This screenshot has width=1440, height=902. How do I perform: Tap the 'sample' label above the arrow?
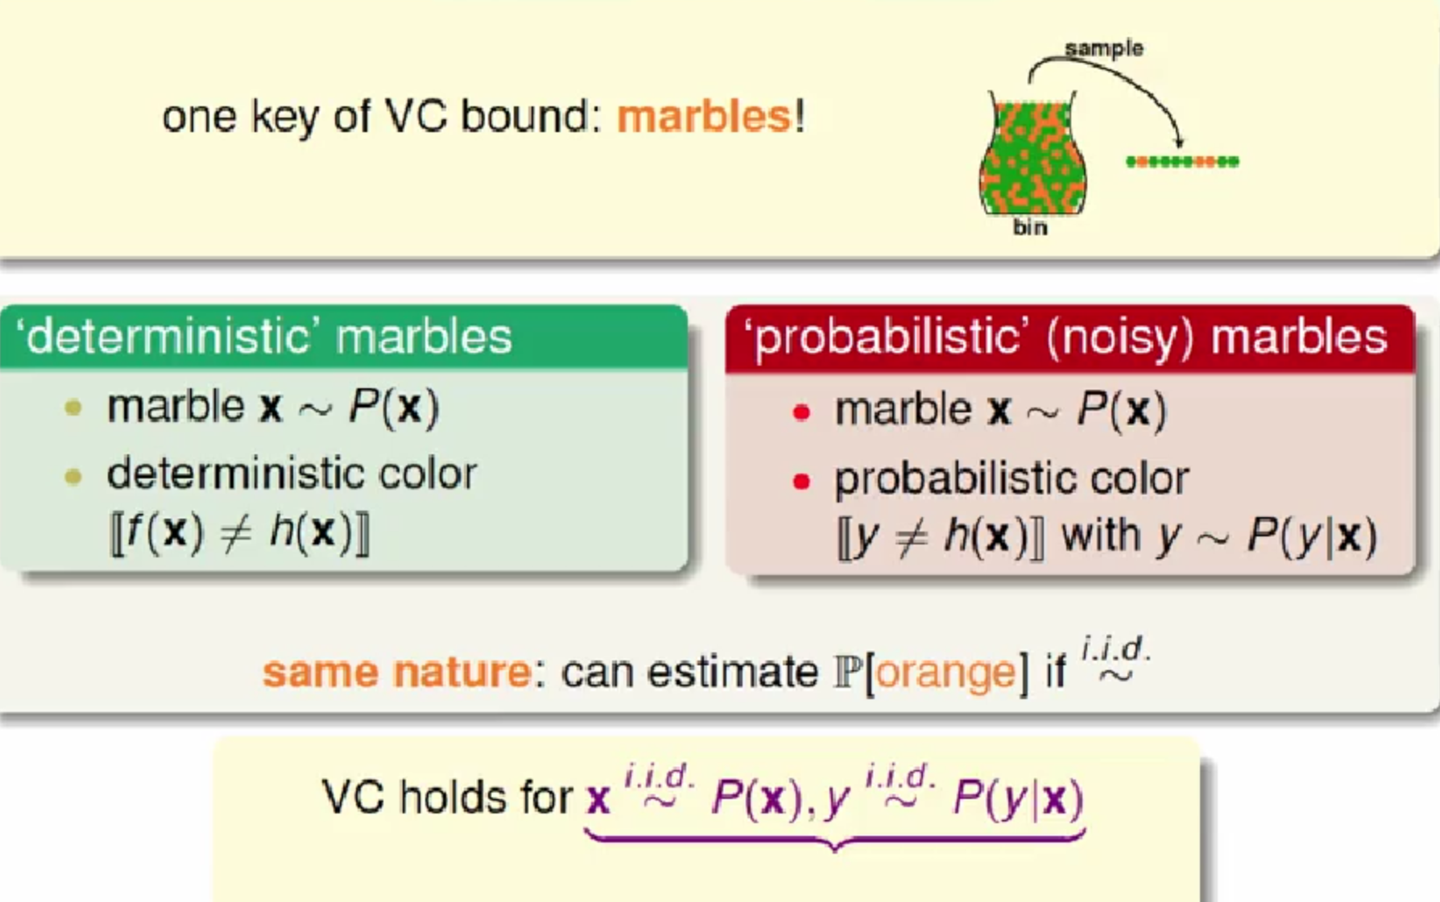[1103, 48]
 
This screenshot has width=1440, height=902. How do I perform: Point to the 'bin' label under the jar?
[1030, 227]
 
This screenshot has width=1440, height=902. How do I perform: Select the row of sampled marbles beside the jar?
[1182, 162]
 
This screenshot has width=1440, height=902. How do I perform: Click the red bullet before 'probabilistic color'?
[801, 482]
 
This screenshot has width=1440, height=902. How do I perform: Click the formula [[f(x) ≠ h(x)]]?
[239, 532]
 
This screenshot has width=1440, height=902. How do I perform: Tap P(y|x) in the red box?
[1312, 536]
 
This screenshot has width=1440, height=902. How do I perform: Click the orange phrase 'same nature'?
[396, 672]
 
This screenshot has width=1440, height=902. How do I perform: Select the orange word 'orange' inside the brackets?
[946, 672]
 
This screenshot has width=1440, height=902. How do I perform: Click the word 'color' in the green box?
[428, 474]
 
